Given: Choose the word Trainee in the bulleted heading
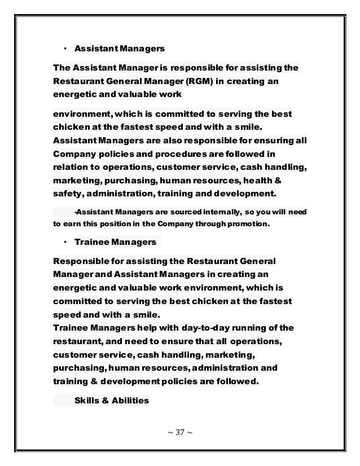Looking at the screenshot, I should tap(91, 243).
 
